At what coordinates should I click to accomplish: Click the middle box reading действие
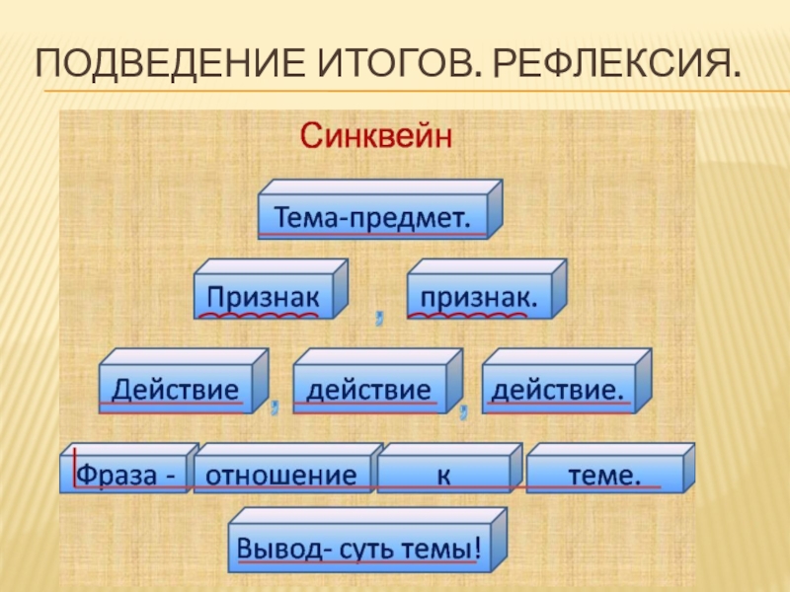point(369,387)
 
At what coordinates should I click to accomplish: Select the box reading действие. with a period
point(558,387)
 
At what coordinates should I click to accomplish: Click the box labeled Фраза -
point(124,474)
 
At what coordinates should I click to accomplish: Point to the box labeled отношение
point(280,474)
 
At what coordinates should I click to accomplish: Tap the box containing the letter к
point(444,474)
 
